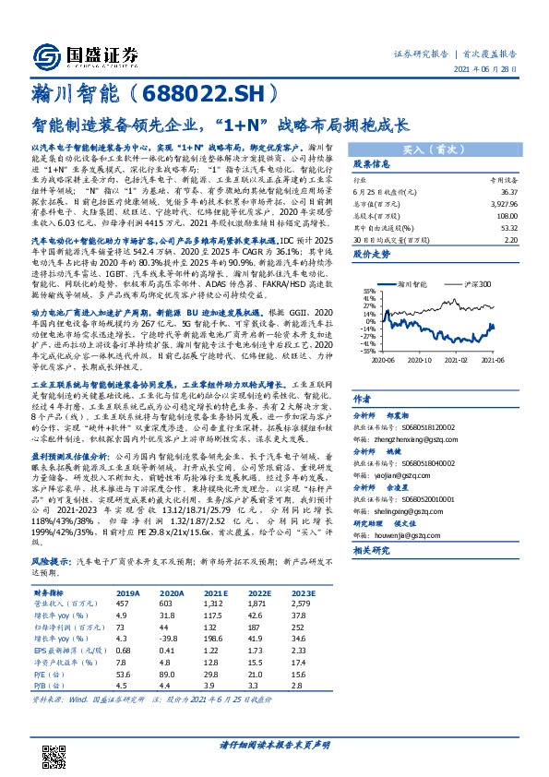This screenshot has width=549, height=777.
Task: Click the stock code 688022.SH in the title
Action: [206, 93]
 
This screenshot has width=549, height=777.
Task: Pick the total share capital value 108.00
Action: [506, 216]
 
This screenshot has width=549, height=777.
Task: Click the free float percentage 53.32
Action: [507, 227]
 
